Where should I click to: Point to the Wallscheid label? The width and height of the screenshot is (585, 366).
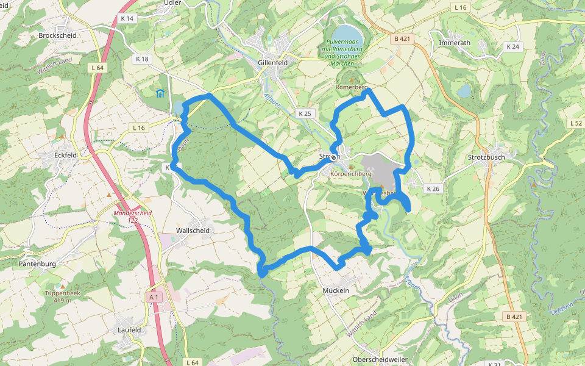tap(193, 231)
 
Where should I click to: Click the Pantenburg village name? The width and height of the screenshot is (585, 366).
tap(38, 264)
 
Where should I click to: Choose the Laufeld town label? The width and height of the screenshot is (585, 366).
tap(129, 330)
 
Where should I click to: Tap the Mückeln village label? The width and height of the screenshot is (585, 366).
tap(336, 291)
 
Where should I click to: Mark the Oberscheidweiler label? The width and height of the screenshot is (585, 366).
tap(380, 359)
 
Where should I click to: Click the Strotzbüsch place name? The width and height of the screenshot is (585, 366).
tap(487, 157)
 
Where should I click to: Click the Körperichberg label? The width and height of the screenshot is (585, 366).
tap(350, 174)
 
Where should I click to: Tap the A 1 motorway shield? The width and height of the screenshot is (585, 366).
tap(154, 297)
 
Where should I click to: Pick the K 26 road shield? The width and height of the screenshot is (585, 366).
tap(433, 189)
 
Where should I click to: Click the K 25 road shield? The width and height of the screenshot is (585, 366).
tap(305, 114)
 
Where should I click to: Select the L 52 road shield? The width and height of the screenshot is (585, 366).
tap(576, 123)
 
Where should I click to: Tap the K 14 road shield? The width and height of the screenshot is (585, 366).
tap(127, 19)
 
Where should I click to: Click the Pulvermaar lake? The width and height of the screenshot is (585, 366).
tap(345, 32)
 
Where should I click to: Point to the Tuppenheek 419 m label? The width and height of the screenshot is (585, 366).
tap(63, 296)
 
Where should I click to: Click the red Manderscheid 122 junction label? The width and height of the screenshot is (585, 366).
tap(132, 216)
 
